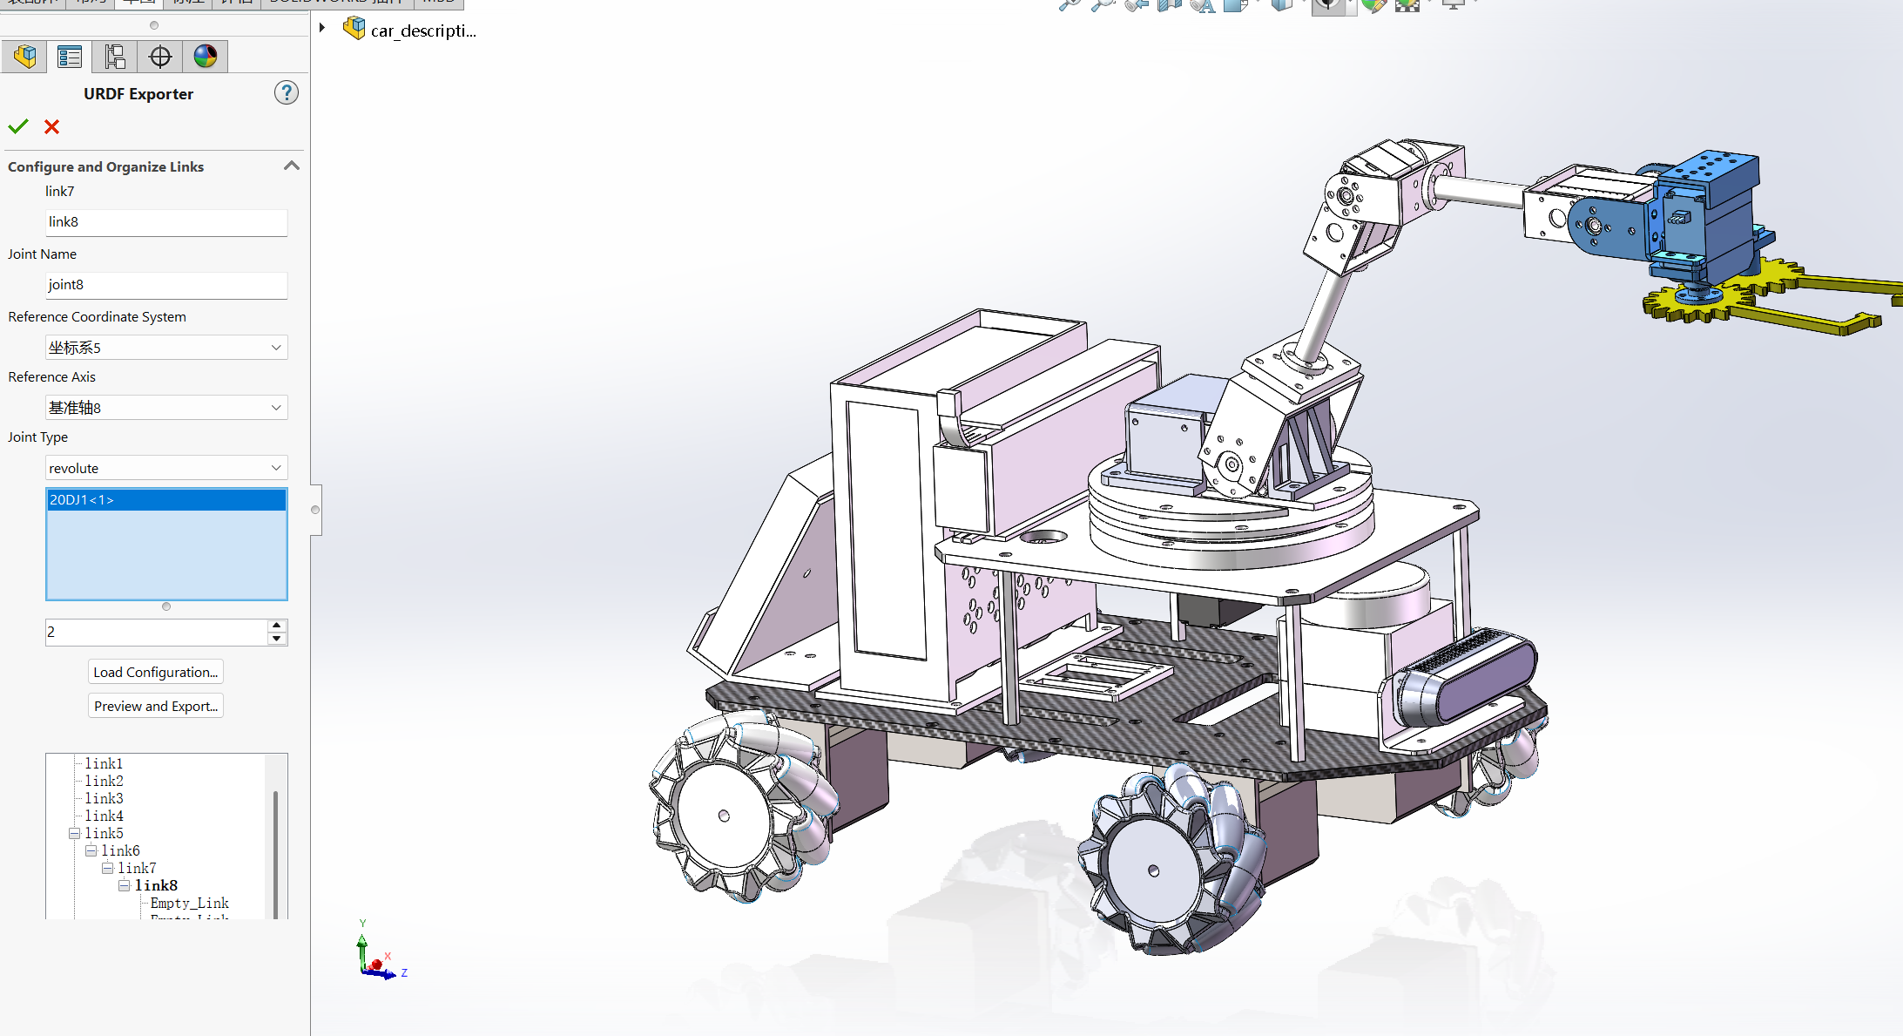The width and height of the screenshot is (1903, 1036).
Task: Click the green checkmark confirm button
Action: pyautogui.click(x=18, y=127)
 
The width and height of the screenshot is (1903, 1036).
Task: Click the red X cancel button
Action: pyautogui.click(x=52, y=127)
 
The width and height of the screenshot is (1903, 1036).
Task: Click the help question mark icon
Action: pyautogui.click(x=286, y=92)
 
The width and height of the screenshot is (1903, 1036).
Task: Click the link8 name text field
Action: pyautogui.click(x=165, y=222)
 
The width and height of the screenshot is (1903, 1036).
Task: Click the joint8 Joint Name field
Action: pyautogui.click(x=165, y=285)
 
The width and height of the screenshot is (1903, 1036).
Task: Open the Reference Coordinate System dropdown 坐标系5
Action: pyautogui.click(x=165, y=348)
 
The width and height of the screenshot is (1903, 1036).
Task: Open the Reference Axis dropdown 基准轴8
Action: pyautogui.click(x=165, y=408)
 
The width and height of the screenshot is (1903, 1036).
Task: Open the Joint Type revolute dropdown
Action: pyautogui.click(x=165, y=468)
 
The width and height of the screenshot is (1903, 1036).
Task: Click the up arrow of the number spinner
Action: pyautogui.click(x=276, y=626)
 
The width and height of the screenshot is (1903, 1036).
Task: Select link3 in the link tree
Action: pyautogui.click(x=104, y=798)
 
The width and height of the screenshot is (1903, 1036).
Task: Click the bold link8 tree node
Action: pyautogui.click(x=156, y=885)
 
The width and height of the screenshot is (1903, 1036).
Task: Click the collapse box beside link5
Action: pyautogui.click(x=75, y=833)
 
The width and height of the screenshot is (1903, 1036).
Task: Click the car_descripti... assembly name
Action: pyautogui.click(x=422, y=30)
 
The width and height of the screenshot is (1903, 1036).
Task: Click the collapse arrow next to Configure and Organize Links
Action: pyautogui.click(x=292, y=166)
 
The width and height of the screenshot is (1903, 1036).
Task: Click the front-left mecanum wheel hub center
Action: pyautogui.click(x=724, y=816)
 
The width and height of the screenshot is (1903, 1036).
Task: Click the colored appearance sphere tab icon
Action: pyautogui.click(x=206, y=57)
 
